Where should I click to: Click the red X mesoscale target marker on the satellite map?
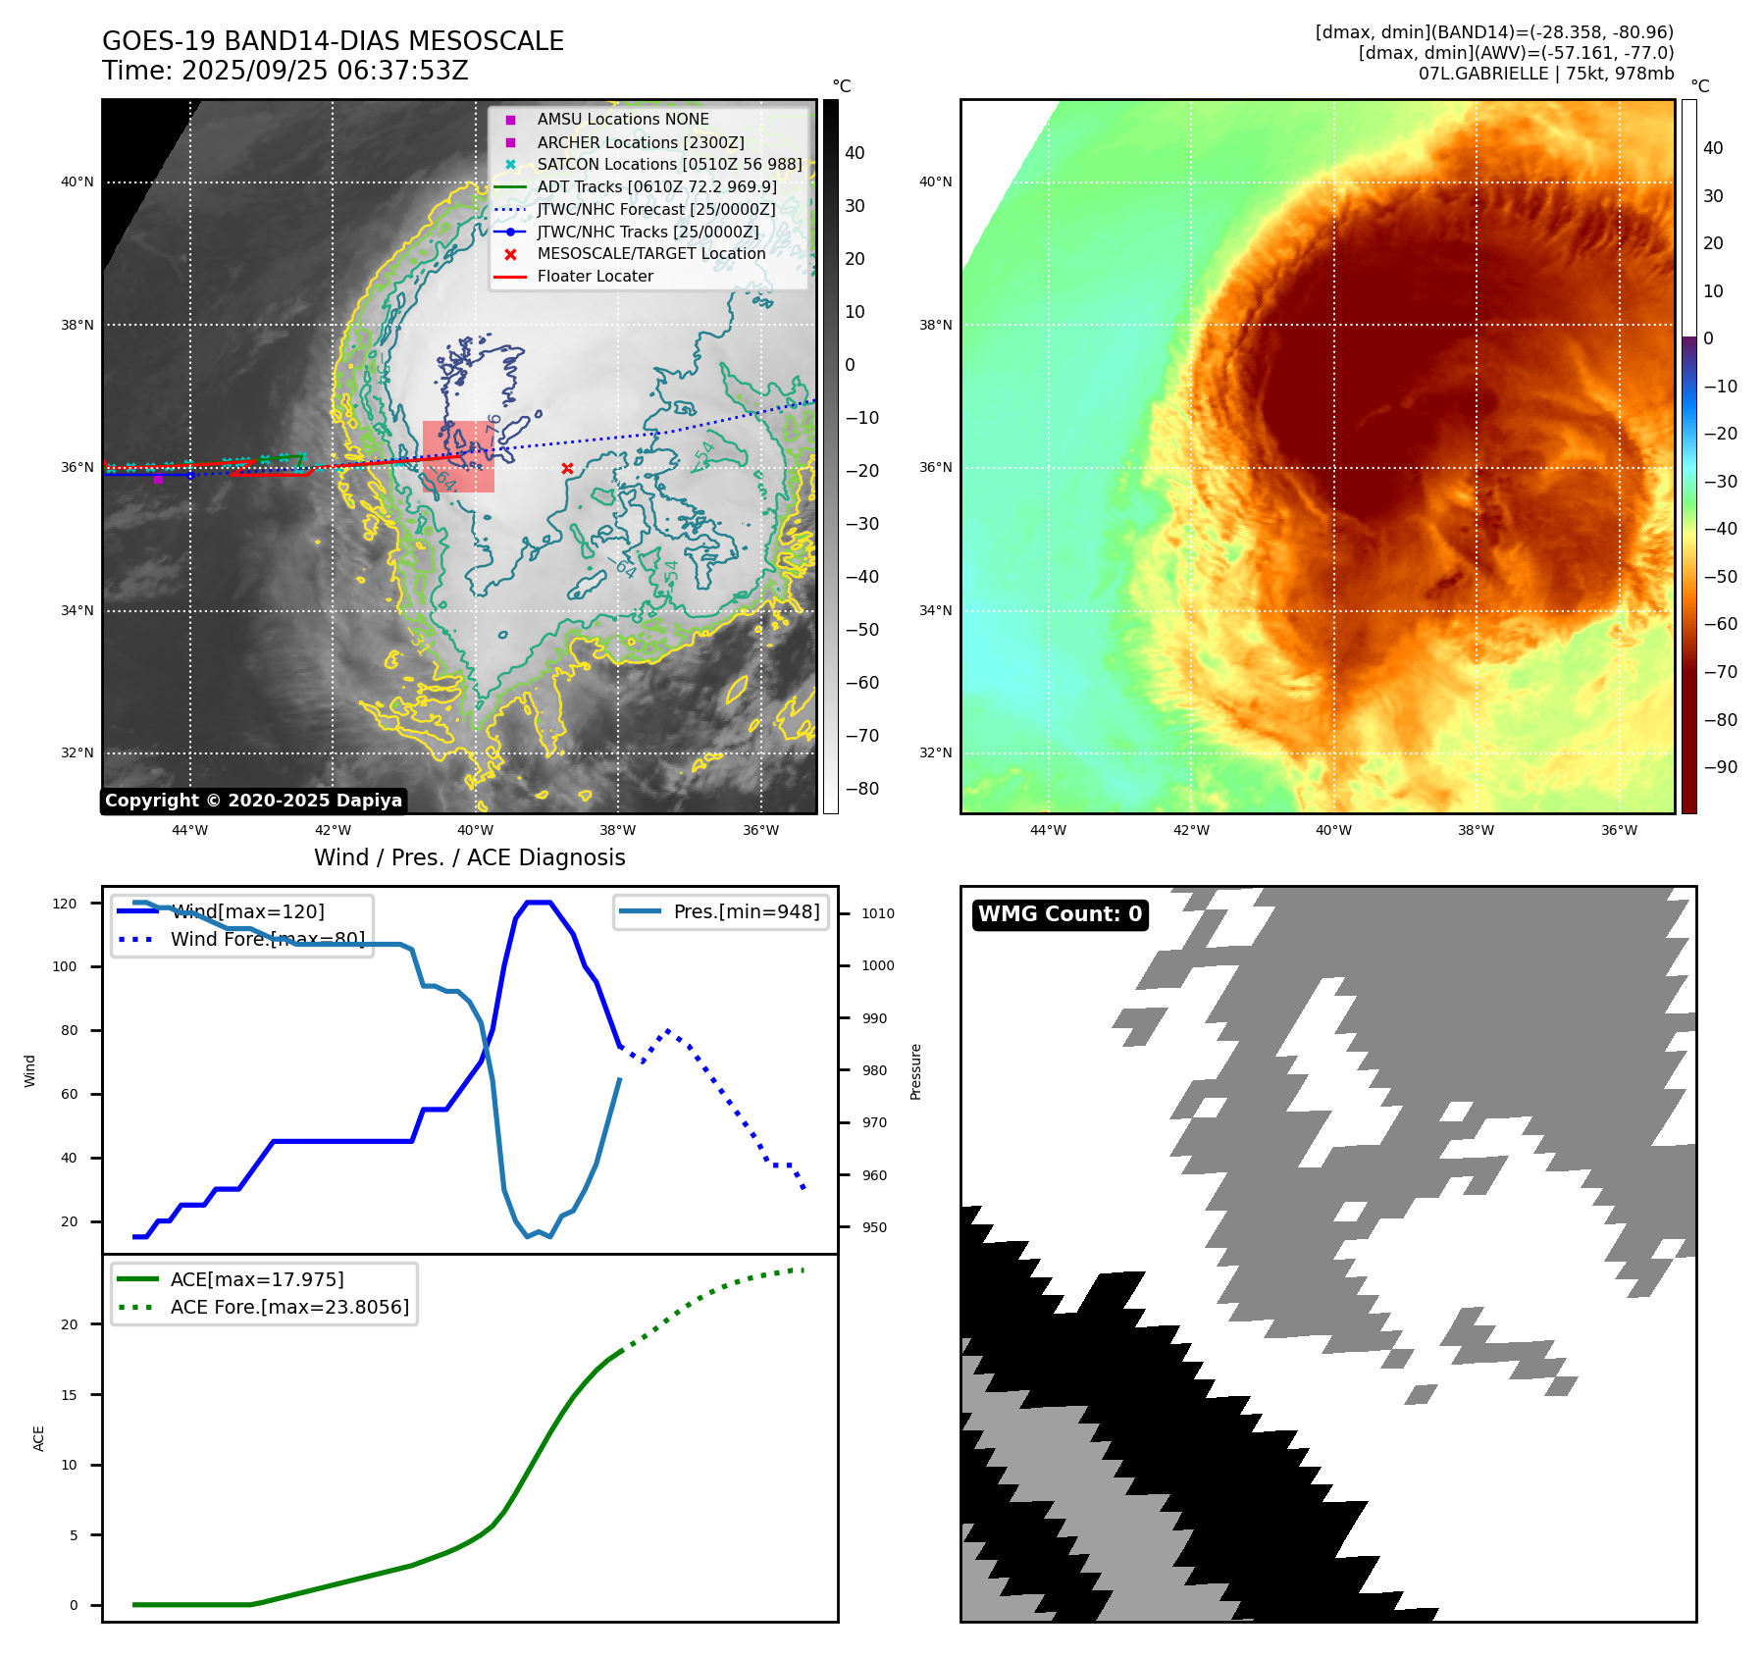567,469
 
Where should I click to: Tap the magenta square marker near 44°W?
158,479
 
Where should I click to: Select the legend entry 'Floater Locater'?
595,277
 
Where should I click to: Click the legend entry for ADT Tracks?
656,186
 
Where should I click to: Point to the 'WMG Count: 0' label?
1060,914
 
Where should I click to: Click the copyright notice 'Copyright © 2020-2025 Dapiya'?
253,801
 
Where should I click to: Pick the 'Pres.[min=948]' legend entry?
746,912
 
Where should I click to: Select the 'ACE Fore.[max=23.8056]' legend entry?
289,1307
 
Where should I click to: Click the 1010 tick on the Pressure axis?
878,913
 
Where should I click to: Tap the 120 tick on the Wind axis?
65,904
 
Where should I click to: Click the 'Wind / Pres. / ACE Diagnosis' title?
469,858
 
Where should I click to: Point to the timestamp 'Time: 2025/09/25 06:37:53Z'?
285,72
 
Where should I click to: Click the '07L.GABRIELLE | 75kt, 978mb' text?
1546,74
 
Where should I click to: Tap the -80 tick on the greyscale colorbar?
862,789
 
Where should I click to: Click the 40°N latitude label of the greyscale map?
78,181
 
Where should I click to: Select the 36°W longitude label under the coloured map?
1619,830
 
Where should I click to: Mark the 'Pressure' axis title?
916,1071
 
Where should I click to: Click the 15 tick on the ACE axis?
69,1395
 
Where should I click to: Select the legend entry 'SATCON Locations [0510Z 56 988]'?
669,165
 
